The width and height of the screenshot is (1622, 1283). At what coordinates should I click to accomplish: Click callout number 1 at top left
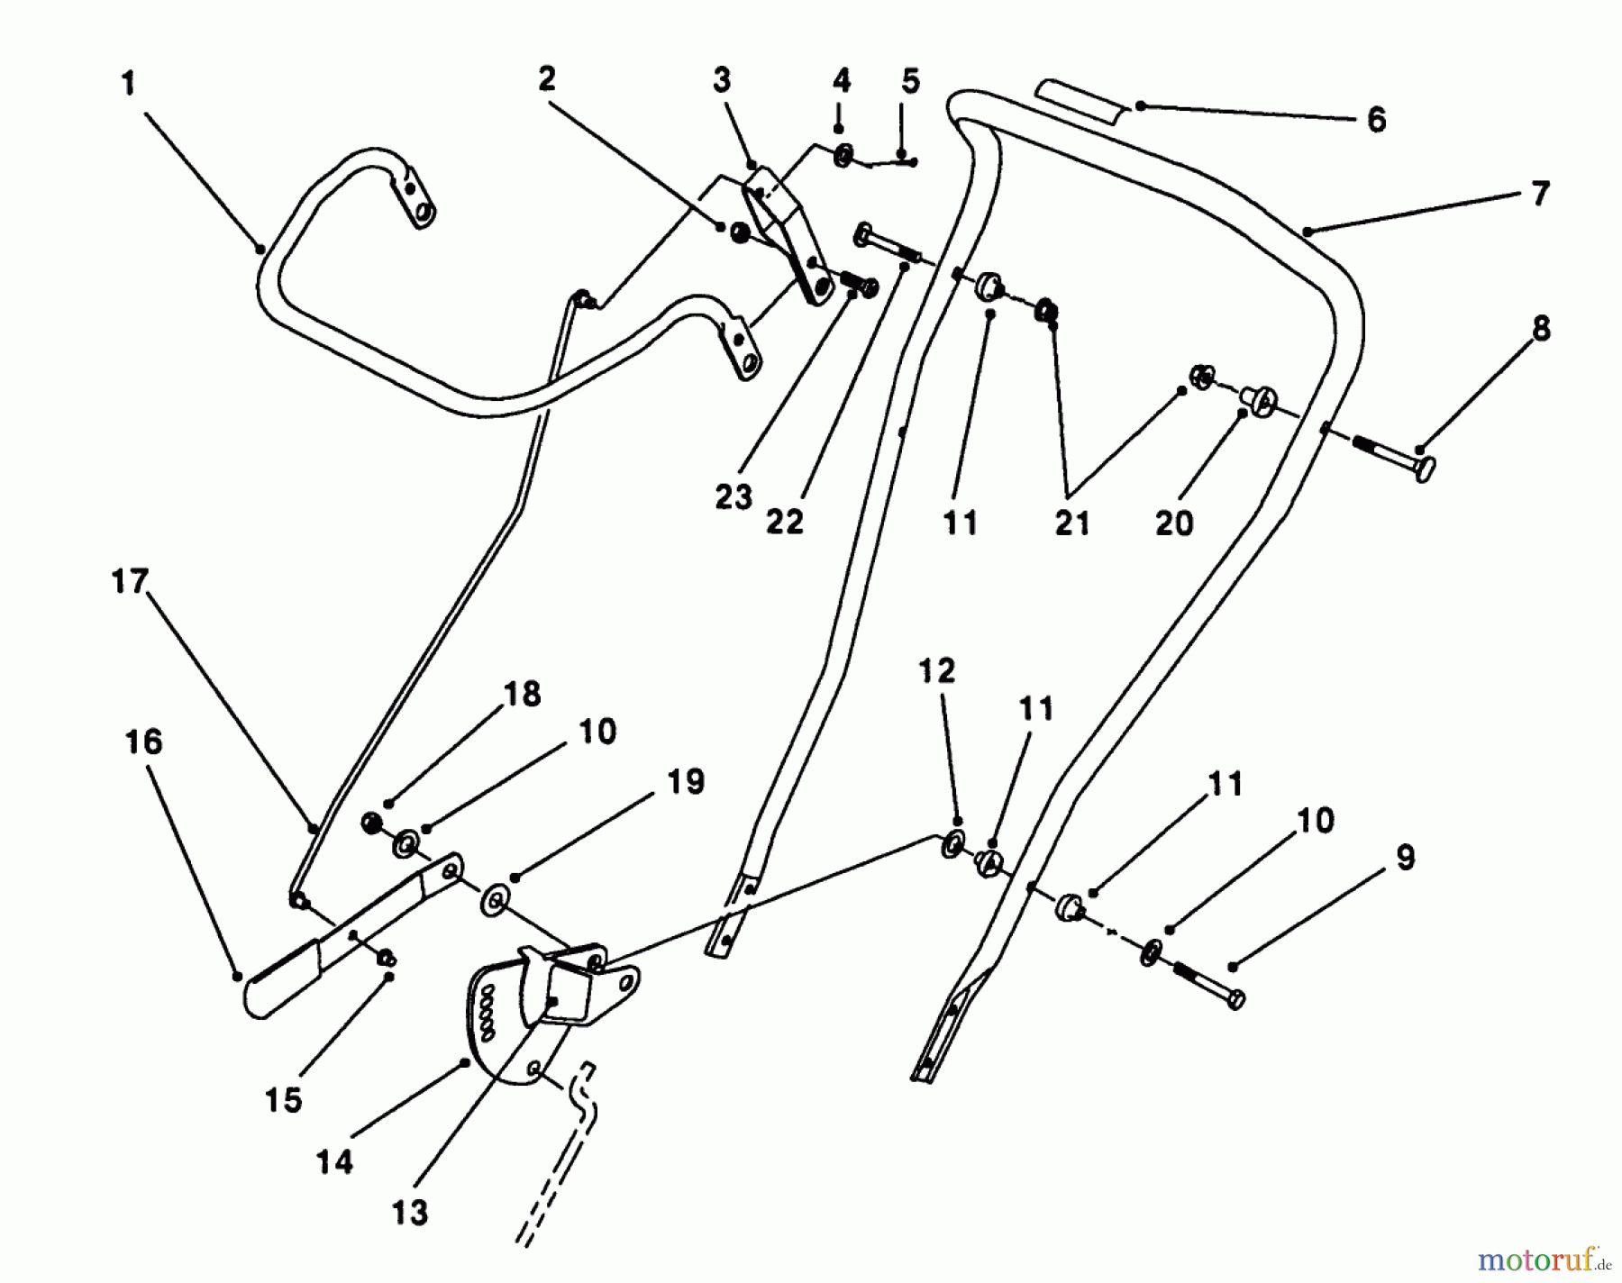pyautogui.click(x=128, y=84)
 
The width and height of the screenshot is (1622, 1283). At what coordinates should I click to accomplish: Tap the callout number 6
pyautogui.click(x=1375, y=120)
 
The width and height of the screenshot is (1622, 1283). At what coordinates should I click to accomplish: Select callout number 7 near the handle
pyautogui.click(x=1539, y=193)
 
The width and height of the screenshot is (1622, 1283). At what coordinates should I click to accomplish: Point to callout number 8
pyautogui.click(x=1541, y=329)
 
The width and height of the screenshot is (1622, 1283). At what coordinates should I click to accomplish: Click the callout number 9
pyautogui.click(x=1405, y=858)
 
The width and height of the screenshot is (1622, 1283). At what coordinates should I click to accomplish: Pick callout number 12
pyautogui.click(x=936, y=671)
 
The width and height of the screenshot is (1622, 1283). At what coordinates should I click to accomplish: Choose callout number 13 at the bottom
pyautogui.click(x=409, y=1212)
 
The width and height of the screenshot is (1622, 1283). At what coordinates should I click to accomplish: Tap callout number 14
pyautogui.click(x=334, y=1162)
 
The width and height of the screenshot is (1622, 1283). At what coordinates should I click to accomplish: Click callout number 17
pyautogui.click(x=129, y=582)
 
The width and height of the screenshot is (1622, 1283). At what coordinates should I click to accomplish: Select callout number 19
pyautogui.click(x=685, y=782)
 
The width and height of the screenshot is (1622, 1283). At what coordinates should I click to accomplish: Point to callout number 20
pyautogui.click(x=1173, y=523)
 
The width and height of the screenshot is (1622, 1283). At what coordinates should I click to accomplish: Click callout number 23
pyautogui.click(x=734, y=496)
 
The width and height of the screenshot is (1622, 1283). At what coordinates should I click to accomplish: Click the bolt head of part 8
pyautogui.click(x=1424, y=469)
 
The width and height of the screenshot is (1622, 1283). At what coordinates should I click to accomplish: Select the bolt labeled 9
pyautogui.click(x=1207, y=984)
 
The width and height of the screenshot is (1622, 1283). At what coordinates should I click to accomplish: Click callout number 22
pyautogui.click(x=784, y=522)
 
